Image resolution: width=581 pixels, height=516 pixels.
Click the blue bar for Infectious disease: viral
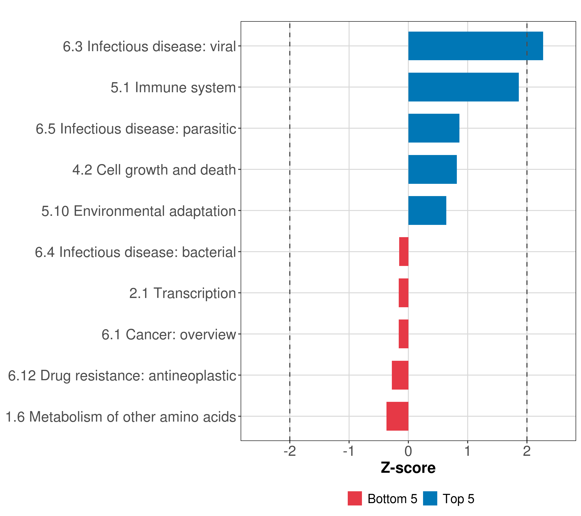tap(475, 46)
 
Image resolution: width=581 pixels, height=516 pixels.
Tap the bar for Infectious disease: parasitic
tap(434, 128)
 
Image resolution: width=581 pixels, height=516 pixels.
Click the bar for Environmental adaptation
tap(427, 210)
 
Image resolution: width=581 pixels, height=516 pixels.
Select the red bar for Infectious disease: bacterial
tap(404, 252)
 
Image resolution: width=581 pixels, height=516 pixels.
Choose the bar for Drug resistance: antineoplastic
tap(400, 375)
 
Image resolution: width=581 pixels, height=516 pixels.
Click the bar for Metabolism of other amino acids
tap(397, 416)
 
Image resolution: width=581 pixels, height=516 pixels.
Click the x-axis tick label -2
tap(290, 451)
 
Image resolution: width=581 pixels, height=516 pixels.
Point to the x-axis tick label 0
tap(408, 451)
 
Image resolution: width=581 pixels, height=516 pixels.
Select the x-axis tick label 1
tap(467, 451)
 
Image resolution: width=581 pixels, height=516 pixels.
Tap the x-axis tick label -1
tap(349, 451)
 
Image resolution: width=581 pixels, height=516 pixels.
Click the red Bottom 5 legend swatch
tap(355, 498)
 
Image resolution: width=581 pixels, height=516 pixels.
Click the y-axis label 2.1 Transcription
tap(182, 293)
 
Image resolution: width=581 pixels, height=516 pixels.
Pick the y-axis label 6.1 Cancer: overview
tap(168, 335)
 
